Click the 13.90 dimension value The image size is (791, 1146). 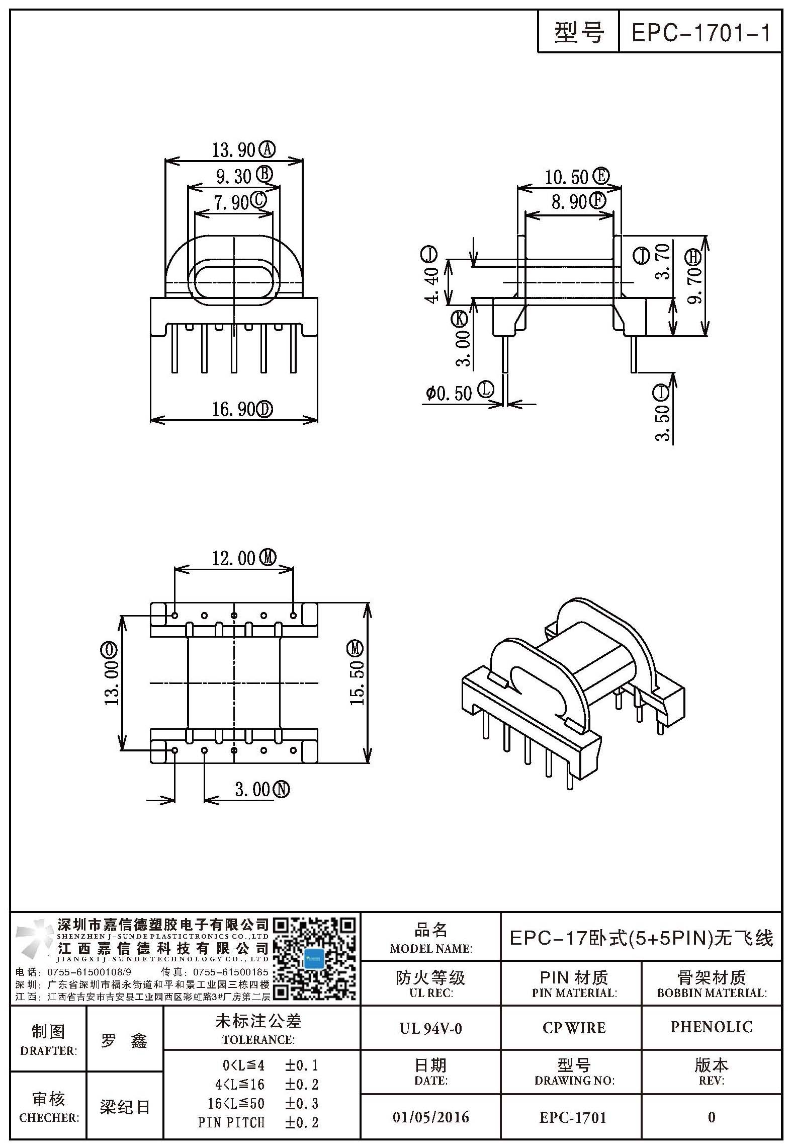pyautogui.click(x=233, y=150)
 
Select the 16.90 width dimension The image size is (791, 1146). pyautogui.click(x=233, y=409)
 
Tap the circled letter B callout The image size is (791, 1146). pyautogui.click(x=265, y=174)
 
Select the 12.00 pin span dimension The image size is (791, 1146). pyautogui.click(x=233, y=559)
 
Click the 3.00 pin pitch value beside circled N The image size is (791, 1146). pyautogui.click(x=253, y=789)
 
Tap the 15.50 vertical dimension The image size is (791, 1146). pyautogui.click(x=357, y=683)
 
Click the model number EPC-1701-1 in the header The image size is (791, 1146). pyautogui.click(x=700, y=33)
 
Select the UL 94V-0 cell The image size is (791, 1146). pyautogui.click(x=430, y=1028)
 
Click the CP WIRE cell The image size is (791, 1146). pyautogui.click(x=574, y=1028)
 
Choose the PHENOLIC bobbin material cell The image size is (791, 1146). pyautogui.click(x=712, y=1027)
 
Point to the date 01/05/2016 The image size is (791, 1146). pyautogui.click(x=430, y=1117)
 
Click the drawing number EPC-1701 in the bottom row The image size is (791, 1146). pyautogui.click(x=573, y=1117)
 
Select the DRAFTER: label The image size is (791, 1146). pyautogui.click(x=49, y=1051)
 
